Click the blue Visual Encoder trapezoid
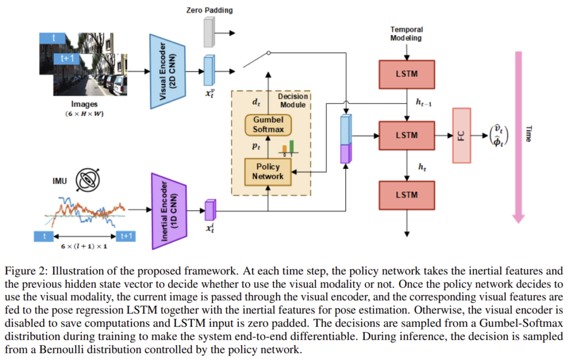167,71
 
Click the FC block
461,135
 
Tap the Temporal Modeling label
406,33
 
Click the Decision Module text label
293,101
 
